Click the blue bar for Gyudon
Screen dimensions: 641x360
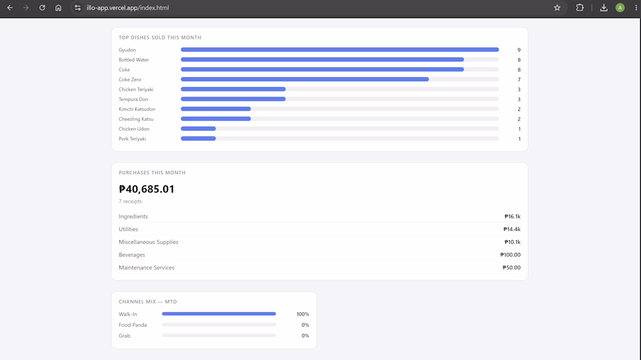[340, 50]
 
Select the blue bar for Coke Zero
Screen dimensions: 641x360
[305, 79]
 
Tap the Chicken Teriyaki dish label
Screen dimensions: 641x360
[136, 90]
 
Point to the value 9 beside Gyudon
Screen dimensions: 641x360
[519, 50]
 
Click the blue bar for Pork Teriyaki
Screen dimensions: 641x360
[198, 139]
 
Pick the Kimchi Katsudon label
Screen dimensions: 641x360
[137, 109]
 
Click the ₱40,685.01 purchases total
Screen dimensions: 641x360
[146, 189]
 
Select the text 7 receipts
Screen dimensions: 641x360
[131, 202]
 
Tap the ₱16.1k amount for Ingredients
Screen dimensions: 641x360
[512, 217]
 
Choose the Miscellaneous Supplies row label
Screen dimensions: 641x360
[149, 242]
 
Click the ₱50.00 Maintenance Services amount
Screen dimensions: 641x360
[512, 267]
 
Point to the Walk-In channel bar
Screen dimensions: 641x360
[219, 314]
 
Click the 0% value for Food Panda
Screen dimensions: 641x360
[305, 325]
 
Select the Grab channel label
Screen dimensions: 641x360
[124, 336]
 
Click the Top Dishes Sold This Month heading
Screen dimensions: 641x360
[160, 38]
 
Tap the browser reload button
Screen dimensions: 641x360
[42, 8]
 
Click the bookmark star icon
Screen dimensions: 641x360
[557, 8]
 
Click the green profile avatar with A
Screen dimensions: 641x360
[620, 8]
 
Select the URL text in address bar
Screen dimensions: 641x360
[128, 8]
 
